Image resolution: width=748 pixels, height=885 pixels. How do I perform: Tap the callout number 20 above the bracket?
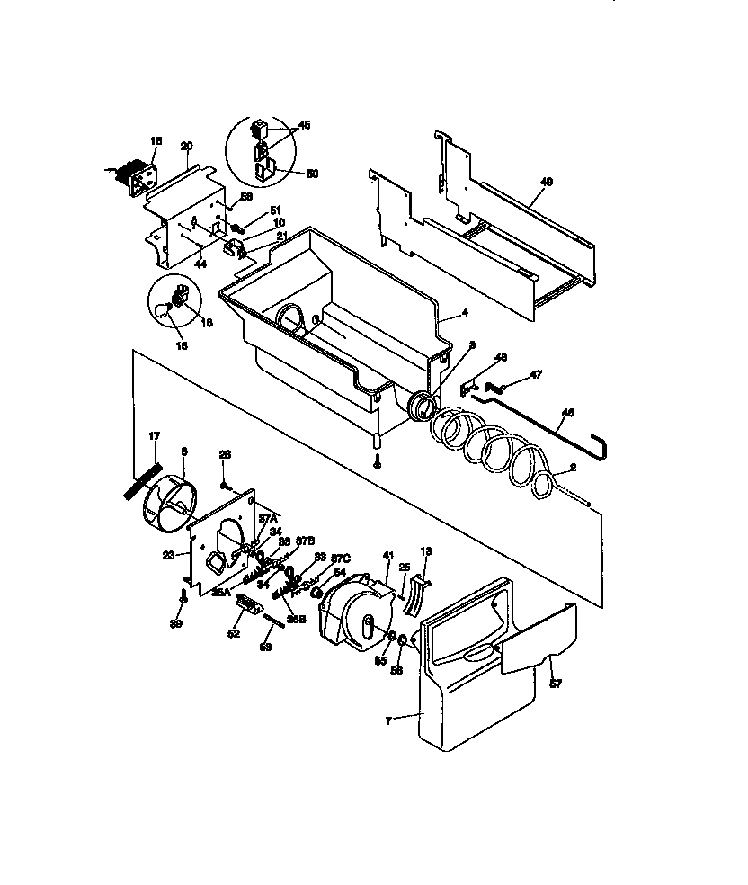point(186,146)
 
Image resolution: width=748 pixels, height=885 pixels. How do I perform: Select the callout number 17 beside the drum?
point(154,436)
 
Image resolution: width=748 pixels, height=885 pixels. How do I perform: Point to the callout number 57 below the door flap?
point(555,684)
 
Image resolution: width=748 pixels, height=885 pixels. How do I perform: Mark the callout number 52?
point(234,634)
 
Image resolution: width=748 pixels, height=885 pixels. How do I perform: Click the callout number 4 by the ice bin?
point(465,314)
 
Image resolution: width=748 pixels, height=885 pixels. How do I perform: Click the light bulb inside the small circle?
point(162,310)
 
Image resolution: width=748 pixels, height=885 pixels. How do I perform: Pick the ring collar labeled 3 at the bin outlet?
point(420,406)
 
